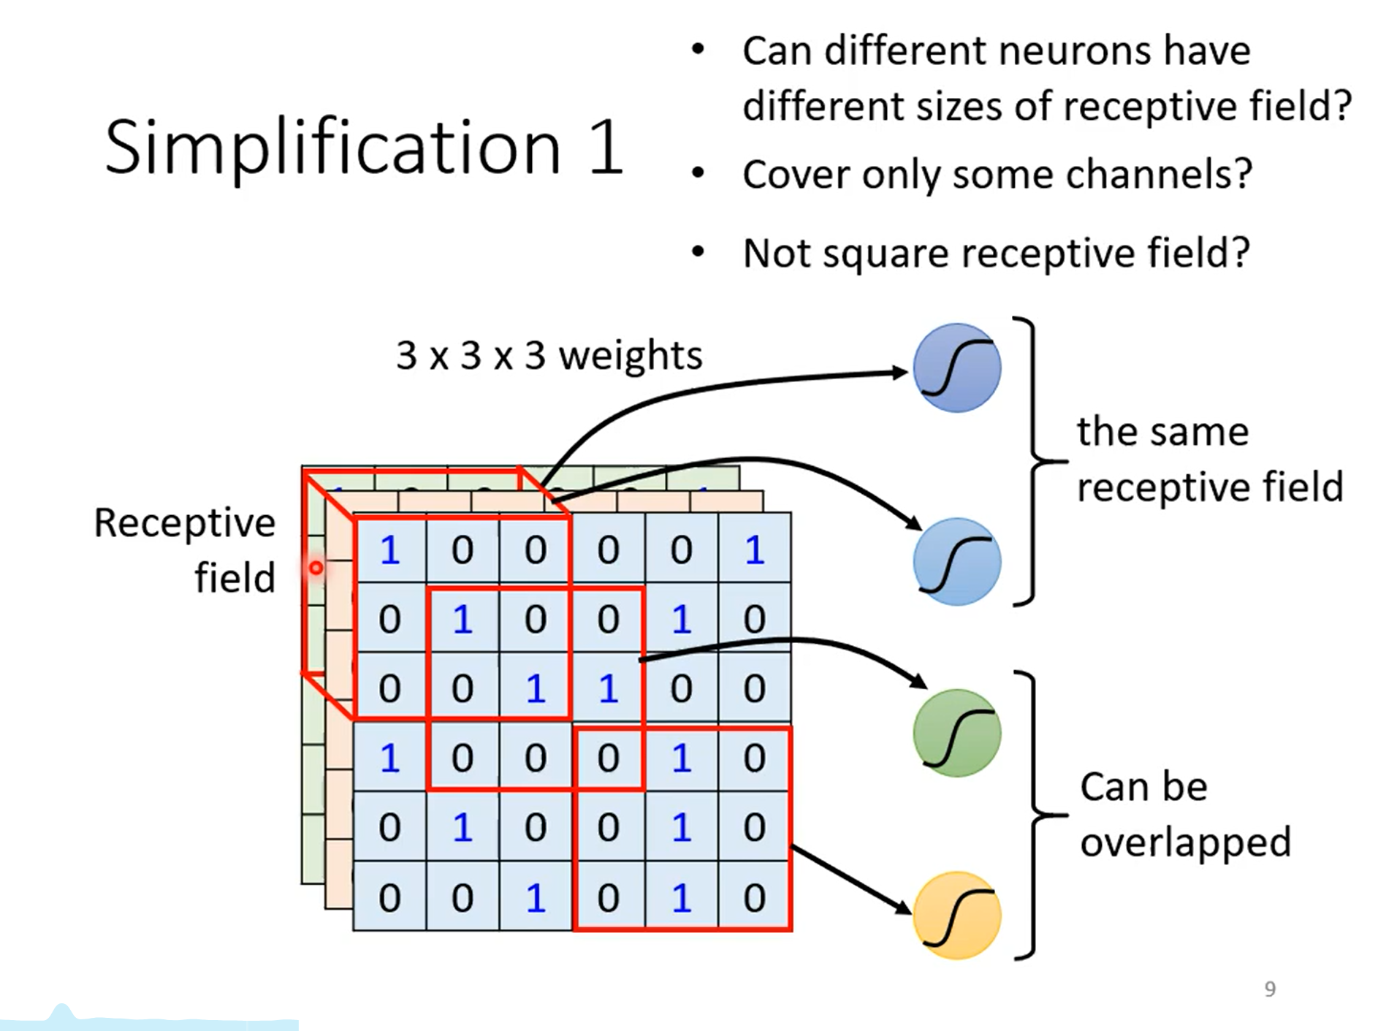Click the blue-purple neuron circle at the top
tap(956, 368)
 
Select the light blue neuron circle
tap(956, 561)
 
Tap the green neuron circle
tap(956, 732)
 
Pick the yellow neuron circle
tap(956, 915)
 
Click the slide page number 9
tap(1270, 989)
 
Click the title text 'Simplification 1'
tap(364, 148)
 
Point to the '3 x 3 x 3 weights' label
tap(549, 356)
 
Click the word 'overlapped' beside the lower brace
tap(1186, 843)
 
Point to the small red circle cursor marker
tap(316, 568)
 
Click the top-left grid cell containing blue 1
tap(389, 549)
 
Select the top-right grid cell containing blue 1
tap(755, 549)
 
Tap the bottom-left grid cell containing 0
tap(389, 897)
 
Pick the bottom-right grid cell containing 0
tap(755, 897)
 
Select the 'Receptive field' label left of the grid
tap(185, 550)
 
